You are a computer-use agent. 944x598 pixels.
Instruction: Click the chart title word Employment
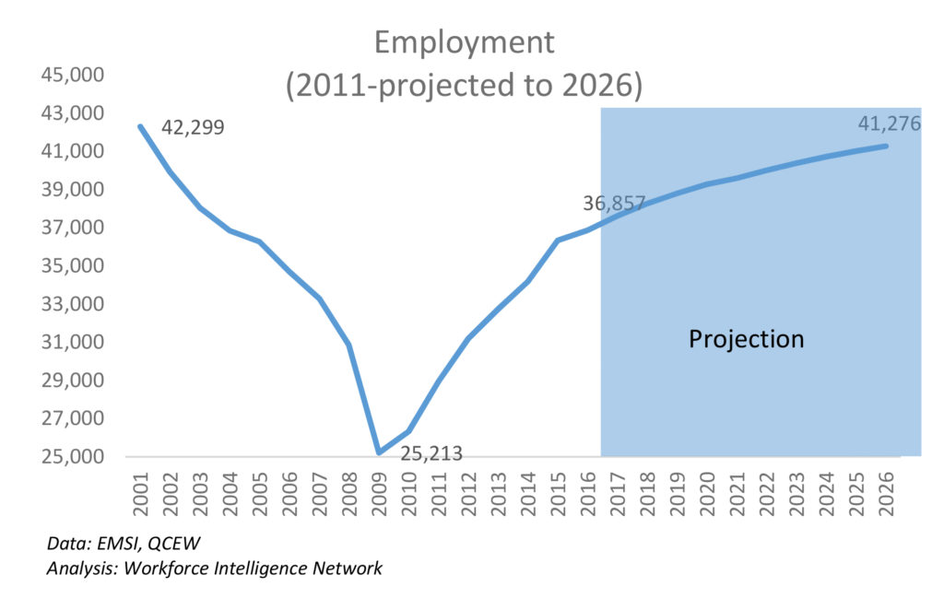tap(464, 42)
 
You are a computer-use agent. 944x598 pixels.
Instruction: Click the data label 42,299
tap(193, 127)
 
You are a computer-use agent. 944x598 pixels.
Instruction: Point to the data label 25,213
tap(431, 453)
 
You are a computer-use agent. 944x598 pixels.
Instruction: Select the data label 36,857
tap(613, 204)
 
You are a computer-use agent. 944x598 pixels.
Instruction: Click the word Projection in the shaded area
tap(747, 339)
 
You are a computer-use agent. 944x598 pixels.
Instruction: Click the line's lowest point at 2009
tap(379, 452)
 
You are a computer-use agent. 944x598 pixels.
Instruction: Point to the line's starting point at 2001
tap(141, 126)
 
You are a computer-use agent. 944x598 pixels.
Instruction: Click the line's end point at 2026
tap(886, 146)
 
